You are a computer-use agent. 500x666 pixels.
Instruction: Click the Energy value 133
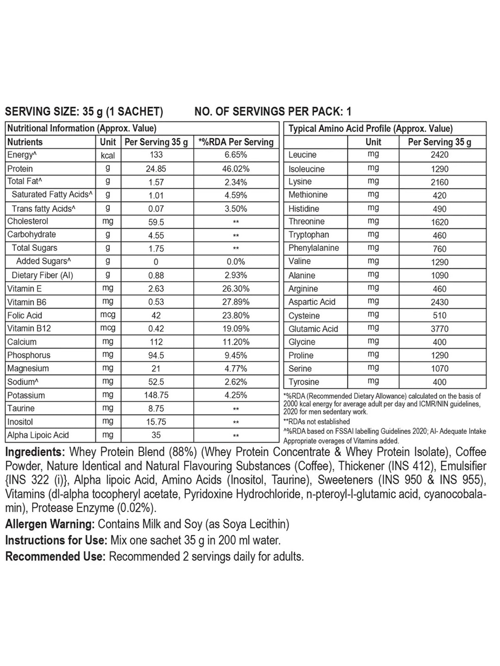click(x=156, y=155)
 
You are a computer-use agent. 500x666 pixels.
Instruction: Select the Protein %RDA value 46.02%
click(x=236, y=169)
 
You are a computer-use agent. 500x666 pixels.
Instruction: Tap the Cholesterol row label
click(x=28, y=221)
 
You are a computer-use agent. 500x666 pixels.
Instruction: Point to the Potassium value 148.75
click(x=156, y=395)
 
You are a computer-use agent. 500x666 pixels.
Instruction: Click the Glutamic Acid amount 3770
click(x=439, y=329)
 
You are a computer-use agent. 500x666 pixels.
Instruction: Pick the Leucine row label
click(x=302, y=155)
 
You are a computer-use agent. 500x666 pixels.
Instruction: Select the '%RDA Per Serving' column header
click(x=236, y=142)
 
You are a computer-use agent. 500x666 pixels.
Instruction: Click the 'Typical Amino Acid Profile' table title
click(x=370, y=129)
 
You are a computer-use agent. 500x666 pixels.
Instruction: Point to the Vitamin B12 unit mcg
click(x=108, y=328)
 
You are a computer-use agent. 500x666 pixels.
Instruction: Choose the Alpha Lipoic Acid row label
click(x=38, y=435)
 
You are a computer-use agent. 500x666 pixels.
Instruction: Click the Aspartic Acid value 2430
click(x=439, y=302)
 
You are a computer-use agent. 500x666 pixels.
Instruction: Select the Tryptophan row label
click(x=309, y=235)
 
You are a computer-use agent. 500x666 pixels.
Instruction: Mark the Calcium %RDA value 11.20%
click(x=236, y=342)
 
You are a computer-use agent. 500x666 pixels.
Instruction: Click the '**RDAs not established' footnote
click(x=316, y=422)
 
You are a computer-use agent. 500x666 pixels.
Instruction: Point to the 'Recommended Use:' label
click(x=55, y=556)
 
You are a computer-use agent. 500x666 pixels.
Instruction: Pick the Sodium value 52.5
click(x=156, y=382)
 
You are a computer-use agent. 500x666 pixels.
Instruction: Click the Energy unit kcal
click(x=108, y=156)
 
